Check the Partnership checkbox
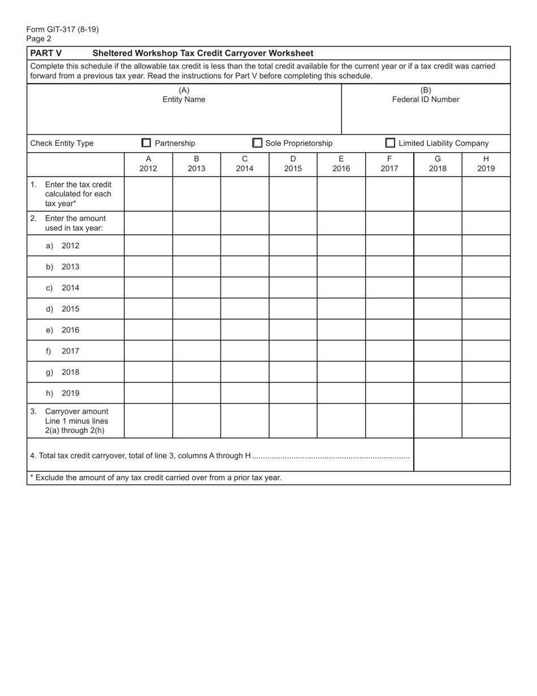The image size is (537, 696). point(146,143)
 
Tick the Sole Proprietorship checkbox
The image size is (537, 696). point(257,143)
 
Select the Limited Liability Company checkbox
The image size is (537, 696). point(390,143)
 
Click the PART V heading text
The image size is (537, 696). point(46,53)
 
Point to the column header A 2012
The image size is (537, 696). point(148,164)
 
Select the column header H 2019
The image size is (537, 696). point(486,164)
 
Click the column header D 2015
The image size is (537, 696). point(293,164)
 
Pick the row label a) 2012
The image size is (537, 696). point(63,246)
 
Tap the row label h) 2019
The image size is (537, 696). point(63,393)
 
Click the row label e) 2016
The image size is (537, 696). point(63,330)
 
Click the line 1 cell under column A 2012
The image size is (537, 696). point(148,194)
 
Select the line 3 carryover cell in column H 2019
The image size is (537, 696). point(486,421)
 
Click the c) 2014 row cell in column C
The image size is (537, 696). point(245,288)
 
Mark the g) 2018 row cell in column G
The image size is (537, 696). point(438,372)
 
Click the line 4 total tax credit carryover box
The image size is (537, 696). point(462,455)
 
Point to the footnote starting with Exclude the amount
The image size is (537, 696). point(156,478)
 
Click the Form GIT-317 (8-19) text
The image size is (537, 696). point(62,29)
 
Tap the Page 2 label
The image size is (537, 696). point(38,38)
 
